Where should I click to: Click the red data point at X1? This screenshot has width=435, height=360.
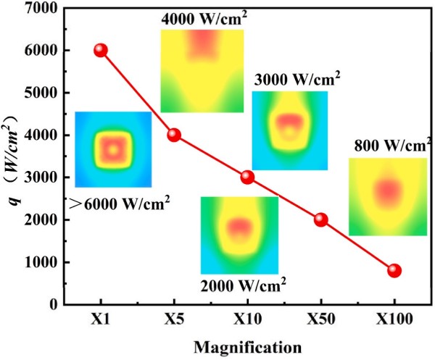101,50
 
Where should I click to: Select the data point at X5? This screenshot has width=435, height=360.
174,135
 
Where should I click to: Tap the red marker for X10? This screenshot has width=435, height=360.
247,177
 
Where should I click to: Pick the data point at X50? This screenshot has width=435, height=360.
320,219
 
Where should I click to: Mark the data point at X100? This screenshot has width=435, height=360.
394,270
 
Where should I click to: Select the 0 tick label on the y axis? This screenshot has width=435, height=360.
54,305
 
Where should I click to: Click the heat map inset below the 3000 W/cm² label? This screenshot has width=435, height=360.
289,130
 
